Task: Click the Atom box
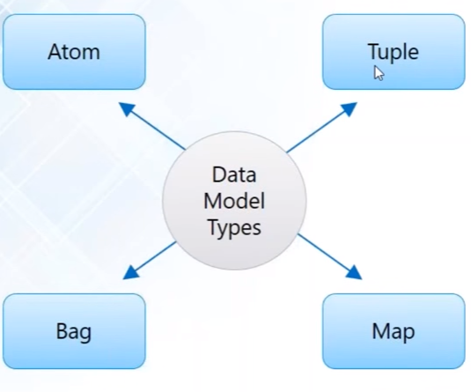click(x=74, y=52)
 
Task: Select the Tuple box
click(x=394, y=52)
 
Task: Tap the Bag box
click(x=74, y=331)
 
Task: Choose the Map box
click(x=394, y=331)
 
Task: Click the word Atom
click(x=74, y=52)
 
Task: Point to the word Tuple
click(x=393, y=52)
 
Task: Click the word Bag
click(x=74, y=332)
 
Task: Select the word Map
click(x=394, y=332)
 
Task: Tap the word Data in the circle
click(x=235, y=175)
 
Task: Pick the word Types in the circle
click(x=235, y=226)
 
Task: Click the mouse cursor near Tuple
click(x=379, y=73)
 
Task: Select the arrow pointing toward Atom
click(x=151, y=125)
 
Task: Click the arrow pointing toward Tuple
click(x=322, y=126)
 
